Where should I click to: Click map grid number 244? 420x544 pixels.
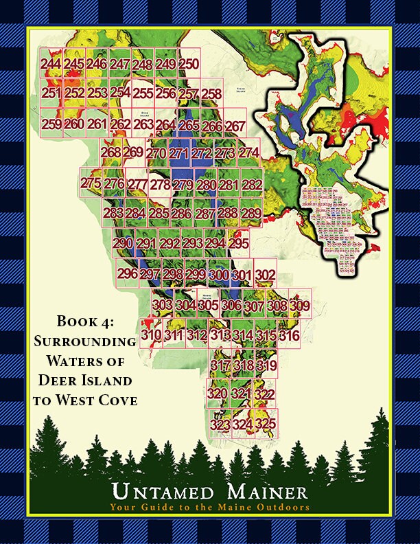tap(50, 65)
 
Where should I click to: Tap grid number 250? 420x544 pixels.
tap(189, 65)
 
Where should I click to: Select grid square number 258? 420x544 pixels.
tap(211, 93)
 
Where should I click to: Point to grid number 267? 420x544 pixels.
tap(235, 126)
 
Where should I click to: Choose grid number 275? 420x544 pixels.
tap(91, 183)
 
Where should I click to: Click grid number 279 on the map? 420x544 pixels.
tap(183, 185)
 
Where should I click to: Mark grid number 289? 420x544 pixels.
tap(251, 214)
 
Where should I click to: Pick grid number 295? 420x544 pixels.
tap(238, 244)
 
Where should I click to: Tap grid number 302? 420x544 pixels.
tap(265, 275)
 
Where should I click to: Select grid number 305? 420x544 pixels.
tap(208, 305)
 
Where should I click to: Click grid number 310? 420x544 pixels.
tap(151, 335)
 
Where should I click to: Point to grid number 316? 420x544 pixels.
tap(289, 336)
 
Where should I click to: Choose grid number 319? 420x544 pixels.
tap(266, 365)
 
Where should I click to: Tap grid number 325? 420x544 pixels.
tap(265, 424)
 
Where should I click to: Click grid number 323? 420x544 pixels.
tap(220, 426)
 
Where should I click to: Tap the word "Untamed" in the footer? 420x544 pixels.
tap(163, 492)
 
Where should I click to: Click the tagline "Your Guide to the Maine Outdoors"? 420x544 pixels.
tap(209, 508)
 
